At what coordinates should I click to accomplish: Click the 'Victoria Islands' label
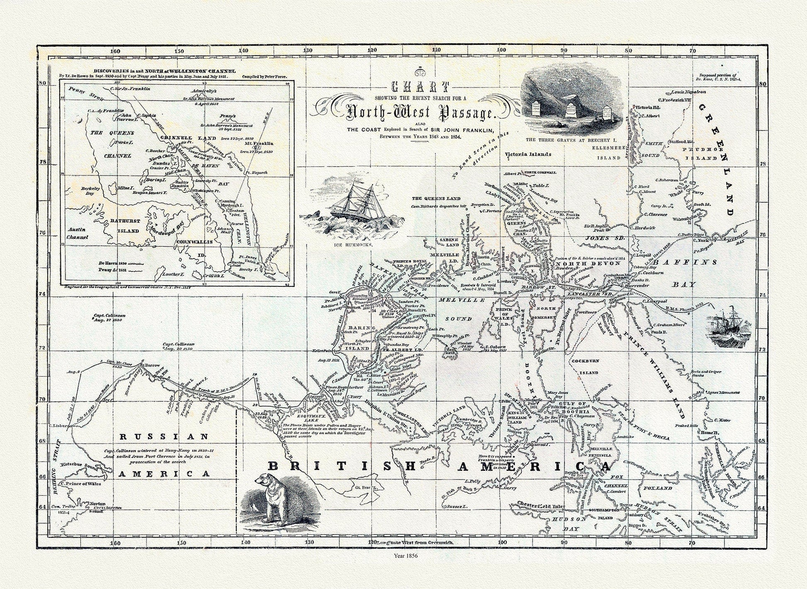pos(528,154)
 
